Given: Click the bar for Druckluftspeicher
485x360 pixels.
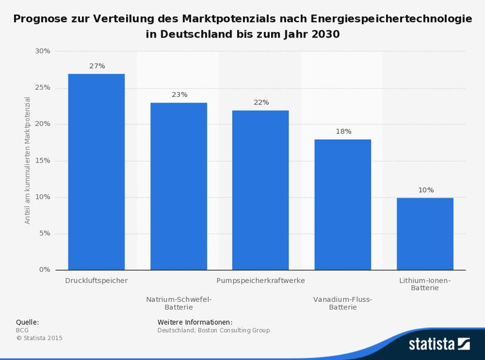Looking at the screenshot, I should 96,172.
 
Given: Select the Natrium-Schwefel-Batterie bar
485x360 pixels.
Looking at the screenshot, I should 179,186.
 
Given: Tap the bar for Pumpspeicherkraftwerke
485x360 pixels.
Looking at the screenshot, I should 261,190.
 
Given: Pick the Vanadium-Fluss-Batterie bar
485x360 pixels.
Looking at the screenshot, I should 343,204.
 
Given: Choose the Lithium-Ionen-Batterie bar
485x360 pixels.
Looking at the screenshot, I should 425,233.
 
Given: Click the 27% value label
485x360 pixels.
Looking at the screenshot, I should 97,65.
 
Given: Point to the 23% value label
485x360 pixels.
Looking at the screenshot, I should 179,95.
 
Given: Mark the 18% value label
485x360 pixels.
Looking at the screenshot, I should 343,131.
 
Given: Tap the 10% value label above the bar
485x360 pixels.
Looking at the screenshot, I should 426,190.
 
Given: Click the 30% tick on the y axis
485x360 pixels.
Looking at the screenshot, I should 42,51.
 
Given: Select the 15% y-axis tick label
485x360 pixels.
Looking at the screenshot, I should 42,161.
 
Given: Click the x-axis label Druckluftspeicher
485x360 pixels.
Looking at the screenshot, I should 96,281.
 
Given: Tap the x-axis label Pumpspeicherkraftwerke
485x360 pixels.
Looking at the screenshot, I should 261,281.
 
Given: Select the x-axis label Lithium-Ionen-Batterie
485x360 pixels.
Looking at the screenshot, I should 425,285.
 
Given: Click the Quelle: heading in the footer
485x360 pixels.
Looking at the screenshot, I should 27,322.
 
